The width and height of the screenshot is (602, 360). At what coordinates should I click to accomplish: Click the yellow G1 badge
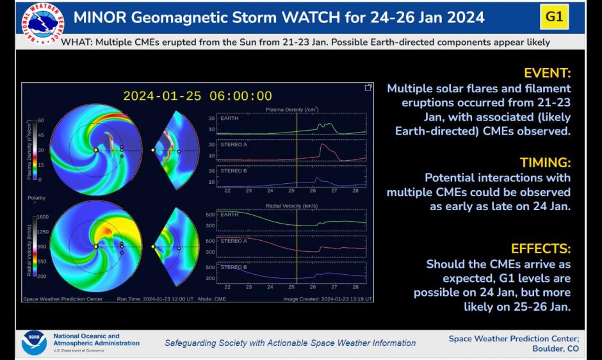click(x=555, y=17)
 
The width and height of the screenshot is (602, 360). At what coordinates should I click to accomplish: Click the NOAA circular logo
click(x=34, y=343)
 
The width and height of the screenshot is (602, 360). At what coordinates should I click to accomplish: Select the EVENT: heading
click(x=547, y=72)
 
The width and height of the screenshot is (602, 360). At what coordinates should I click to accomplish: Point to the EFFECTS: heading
click(x=541, y=249)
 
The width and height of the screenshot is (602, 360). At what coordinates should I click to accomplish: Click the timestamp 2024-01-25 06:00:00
click(x=197, y=96)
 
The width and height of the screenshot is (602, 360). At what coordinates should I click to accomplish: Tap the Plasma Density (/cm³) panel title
click(x=292, y=110)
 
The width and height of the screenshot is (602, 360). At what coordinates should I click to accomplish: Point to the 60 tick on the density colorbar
click(x=40, y=120)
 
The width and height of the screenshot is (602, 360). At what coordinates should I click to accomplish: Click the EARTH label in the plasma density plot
click(x=229, y=119)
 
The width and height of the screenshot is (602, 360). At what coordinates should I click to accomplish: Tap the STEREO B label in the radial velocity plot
click(x=234, y=267)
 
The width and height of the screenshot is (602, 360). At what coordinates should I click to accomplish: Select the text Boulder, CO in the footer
click(x=555, y=348)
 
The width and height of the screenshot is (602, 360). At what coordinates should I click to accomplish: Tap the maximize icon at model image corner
click(x=368, y=87)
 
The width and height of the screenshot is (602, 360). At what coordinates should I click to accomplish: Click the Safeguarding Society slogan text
click(x=290, y=343)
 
